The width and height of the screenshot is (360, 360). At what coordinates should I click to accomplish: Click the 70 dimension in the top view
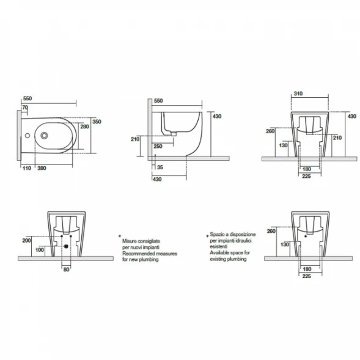pos(25,108)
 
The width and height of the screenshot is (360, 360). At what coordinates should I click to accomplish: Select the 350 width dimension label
pos(97,122)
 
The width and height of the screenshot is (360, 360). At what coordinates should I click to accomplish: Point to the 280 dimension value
pos(84,127)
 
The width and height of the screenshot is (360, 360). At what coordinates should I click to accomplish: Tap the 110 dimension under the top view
pos(27,168)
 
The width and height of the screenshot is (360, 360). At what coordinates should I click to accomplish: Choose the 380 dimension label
pos(42,168)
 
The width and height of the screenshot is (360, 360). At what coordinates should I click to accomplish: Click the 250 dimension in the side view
pos(158,147)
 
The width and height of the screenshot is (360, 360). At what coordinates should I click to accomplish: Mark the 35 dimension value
pos(160,167)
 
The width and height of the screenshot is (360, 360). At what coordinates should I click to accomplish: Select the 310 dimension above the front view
pos(298,94)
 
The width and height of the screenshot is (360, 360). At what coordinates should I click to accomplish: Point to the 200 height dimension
pos(27,241)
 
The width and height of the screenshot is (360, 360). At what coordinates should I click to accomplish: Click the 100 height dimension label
pos(40,250)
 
